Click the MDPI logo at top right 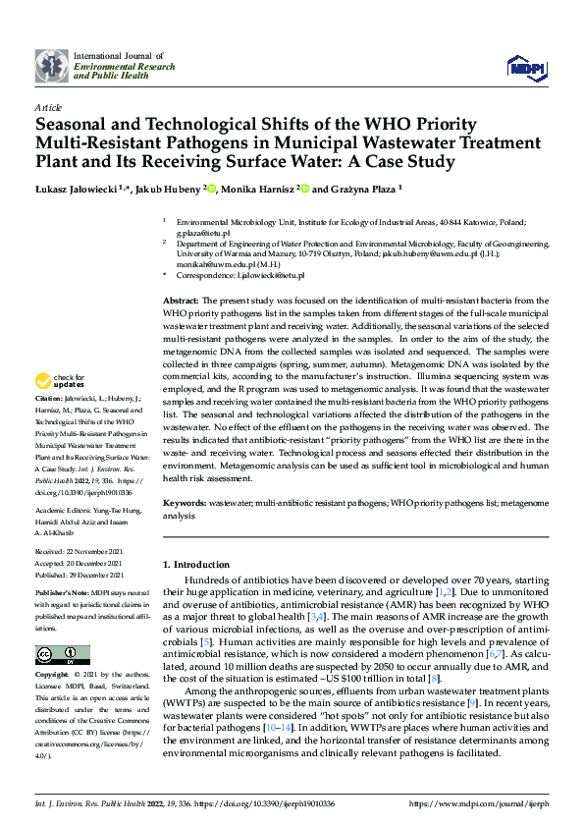[527, 66]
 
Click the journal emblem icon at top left [51, 66]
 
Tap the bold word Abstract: [181, 299]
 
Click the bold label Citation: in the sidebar [51, 401]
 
